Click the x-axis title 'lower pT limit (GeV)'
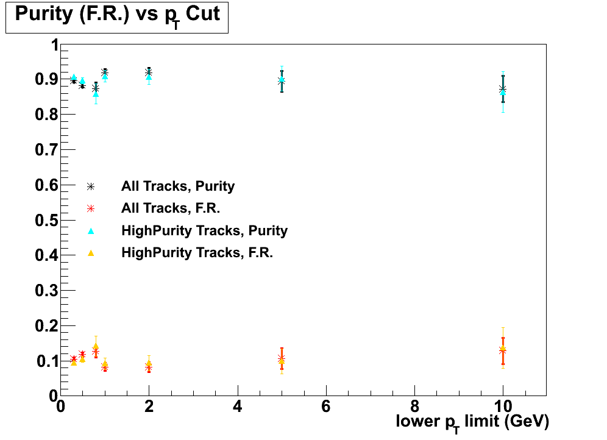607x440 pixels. pos(472,421)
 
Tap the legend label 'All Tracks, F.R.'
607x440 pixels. pos(171,208)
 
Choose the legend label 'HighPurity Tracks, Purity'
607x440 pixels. pos(204,230)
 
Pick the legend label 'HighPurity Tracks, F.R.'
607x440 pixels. pos(197,252)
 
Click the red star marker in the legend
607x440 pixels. pos(91,208)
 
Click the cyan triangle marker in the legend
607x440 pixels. pos(91,230)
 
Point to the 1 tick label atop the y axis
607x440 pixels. pos(54,45)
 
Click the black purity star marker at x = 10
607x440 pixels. pos(502,89)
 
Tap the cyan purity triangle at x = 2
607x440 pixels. pos(149,77)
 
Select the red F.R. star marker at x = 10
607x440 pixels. pos(503,350)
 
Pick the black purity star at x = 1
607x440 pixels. pos(105,73)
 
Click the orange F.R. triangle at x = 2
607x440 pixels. pos(149,364)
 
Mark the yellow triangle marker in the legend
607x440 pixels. pos(91,252)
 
